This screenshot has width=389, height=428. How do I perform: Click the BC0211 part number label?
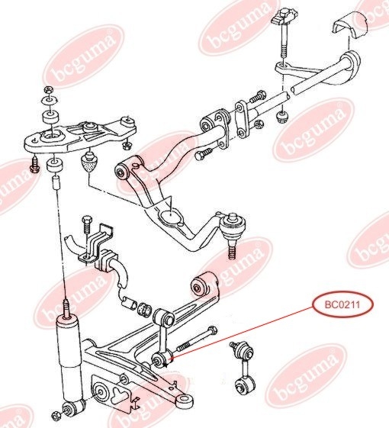pyautogui.click(x=342, y=304)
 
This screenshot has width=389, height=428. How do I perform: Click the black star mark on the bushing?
pyautogui.click(x=165, y=365)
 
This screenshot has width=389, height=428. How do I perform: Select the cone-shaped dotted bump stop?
pyautogui.click(x=88, y=163)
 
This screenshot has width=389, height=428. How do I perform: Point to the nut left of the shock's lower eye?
pyautogui.click(x=56, y=416)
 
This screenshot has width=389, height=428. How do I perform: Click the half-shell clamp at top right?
pyautogui.click(x=349, y=26)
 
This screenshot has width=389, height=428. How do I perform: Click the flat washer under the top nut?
pyautogui.click(x=50, y=100)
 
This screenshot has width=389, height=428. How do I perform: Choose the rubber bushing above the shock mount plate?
pyautogui.click(x=51, y=117)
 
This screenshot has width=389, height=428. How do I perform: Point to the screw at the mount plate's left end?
pyautogui.click(x=34, y=164)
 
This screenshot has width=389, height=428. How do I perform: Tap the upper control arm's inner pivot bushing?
pyautogui.click(x=122, y=172)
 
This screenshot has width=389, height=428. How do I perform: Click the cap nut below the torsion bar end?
pyautogui.click(x=282, y=117)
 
